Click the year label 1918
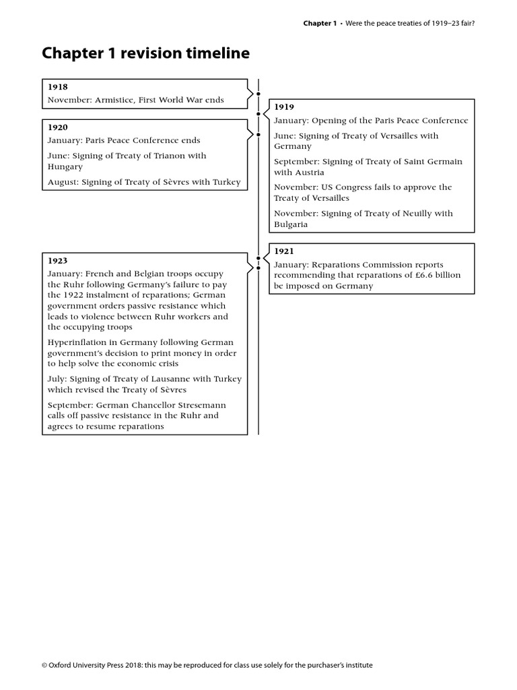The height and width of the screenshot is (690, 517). (x=57, y=87)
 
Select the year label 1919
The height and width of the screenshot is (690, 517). (x=283, y=107)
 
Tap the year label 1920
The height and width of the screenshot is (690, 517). (x=57, y=127)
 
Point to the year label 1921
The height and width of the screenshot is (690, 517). (x=283, y=251)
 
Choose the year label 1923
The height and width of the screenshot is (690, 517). (x=57, y=261)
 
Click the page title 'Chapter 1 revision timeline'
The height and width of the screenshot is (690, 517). (x=145, y=53)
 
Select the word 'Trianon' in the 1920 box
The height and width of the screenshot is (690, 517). (x=164, y=156)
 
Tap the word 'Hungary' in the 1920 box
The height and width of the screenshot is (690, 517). (x=65, y=167)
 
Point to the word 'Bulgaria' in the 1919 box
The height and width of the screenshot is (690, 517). (x=291, y=224)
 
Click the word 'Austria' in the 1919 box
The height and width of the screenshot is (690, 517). (x=309, y=173)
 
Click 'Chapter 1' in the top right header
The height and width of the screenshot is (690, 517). (x=318, y=24)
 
